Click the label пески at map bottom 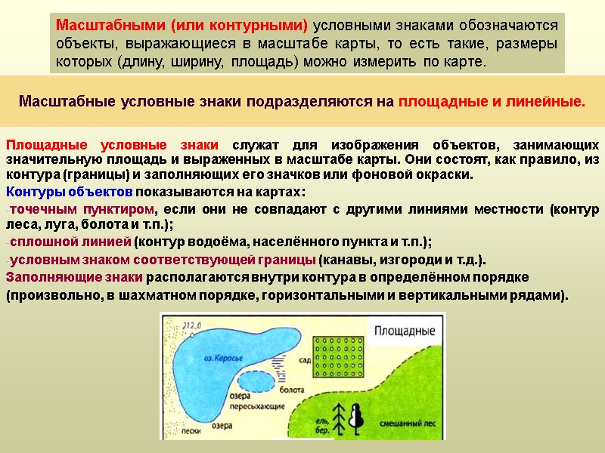click(x=191, y=432)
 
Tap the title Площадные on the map click(x=405, y=331)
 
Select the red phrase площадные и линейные click(x=492, y=100)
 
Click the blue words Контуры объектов click(x=70, y=190)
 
